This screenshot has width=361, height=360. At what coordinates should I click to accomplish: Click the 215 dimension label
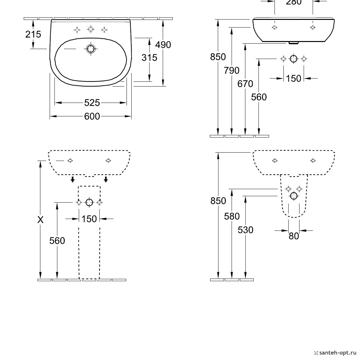pos(33,34)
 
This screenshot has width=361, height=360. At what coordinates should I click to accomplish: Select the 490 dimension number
pos(163,45)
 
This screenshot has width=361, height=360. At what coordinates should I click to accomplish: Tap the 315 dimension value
pos(149,58)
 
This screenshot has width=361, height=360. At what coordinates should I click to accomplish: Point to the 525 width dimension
pos(92,103)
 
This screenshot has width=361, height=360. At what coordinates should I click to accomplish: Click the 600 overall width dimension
pos(92,116)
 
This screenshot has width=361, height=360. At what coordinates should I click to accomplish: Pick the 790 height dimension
pos(232,71)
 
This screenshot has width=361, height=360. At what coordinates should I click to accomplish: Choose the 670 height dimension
pos(245,84)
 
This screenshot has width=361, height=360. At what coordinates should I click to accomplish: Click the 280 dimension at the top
pos(293,2)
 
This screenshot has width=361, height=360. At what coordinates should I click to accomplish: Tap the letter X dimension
pos(40,220)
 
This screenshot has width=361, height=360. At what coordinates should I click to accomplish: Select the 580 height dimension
pos(232,216)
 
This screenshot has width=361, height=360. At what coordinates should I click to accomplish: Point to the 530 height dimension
pos(245,230)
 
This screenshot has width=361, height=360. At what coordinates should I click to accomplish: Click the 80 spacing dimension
pos(294,236)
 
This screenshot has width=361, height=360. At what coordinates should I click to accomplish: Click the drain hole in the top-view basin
pos(91,49)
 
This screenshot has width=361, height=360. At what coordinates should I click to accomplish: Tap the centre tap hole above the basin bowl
pos(91,29)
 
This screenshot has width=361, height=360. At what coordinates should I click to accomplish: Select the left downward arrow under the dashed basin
pos(72,179)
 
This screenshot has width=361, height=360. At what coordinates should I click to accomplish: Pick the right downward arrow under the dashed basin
pos(106,179)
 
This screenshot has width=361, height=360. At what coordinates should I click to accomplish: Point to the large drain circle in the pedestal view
pos(89,203)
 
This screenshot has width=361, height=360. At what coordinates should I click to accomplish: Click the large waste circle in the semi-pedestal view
pos(293,196)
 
